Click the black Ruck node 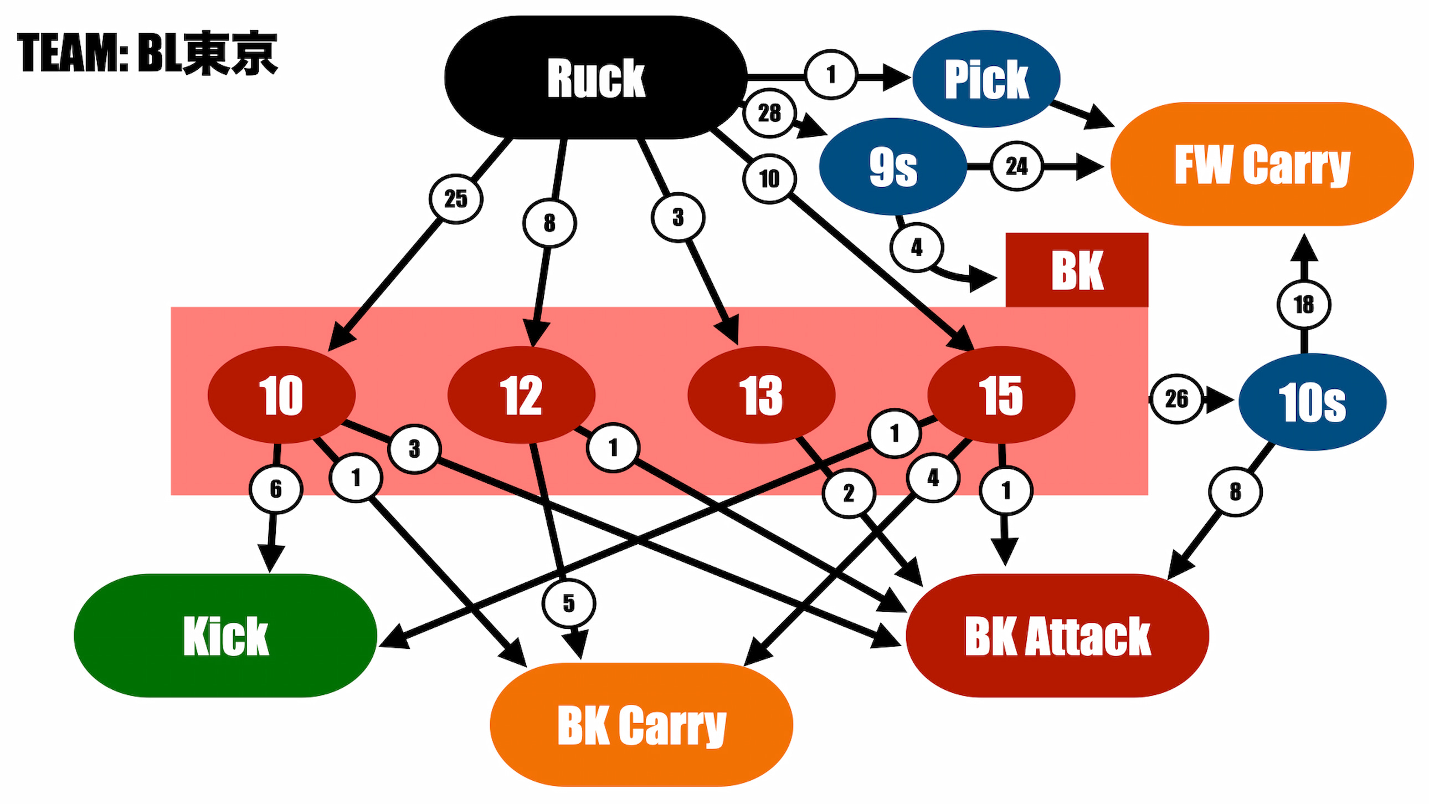click(x=596, y=78)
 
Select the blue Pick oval click(x=986, y=79)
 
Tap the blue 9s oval click(x=892, y=166)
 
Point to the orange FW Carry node click(x=1262, y=164)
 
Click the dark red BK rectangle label click(x=1077, y=270)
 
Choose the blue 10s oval click(x=1312, y=402)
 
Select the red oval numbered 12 click(x=521, y=395)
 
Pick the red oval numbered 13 click(x=761, y=395)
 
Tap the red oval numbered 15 click(x=1001, y=395)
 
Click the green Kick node click(x=225, y=636)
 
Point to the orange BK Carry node click(x=641, y=725)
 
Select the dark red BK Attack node click(x=1057, y=636)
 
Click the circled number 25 click(x=455, y=198)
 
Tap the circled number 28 click(x=769, y=113)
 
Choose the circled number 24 click(x=1016, y=166)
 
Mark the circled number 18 click(x=1304, y=305)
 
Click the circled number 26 click(x=1176, y=399)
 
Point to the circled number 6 click(x=276, y=489)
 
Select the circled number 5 click(x=569, y=603)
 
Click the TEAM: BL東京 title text click(x=147, y=53)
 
